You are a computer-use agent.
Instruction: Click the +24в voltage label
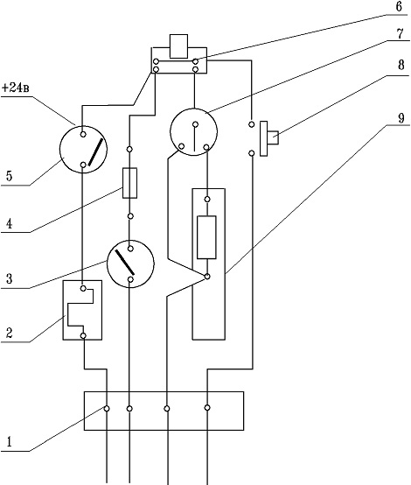tap(16, 88)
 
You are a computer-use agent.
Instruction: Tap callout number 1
tap(10, 442)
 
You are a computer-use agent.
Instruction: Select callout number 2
tap(10, 333)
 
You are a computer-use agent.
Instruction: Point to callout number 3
tap(10, 278)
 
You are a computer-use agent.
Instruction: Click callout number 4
tap(10, 223)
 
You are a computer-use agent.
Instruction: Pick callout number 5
tap(10, 176)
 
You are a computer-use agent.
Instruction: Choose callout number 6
tap(399, 6)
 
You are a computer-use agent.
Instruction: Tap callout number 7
tap(400, 34)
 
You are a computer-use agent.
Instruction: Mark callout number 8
tap(401, 65)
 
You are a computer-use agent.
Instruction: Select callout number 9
tap(401, 118)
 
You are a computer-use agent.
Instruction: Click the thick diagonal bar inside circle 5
tap(95, 152)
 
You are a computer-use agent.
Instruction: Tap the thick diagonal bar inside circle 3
tap(125, 262)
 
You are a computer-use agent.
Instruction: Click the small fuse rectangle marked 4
tap(129, 183)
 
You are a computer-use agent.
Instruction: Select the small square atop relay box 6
tap(178, 46)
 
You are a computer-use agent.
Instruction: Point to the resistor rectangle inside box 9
tap(206, 237)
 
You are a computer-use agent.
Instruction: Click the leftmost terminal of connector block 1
tap(107, 409)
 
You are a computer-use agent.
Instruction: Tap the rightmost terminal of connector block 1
tap(207, 408)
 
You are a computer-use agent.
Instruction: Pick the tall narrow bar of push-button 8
tap(263, 138)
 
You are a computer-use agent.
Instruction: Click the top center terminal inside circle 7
tap(195, 124)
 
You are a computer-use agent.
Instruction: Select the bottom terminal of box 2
tap(83, 335)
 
